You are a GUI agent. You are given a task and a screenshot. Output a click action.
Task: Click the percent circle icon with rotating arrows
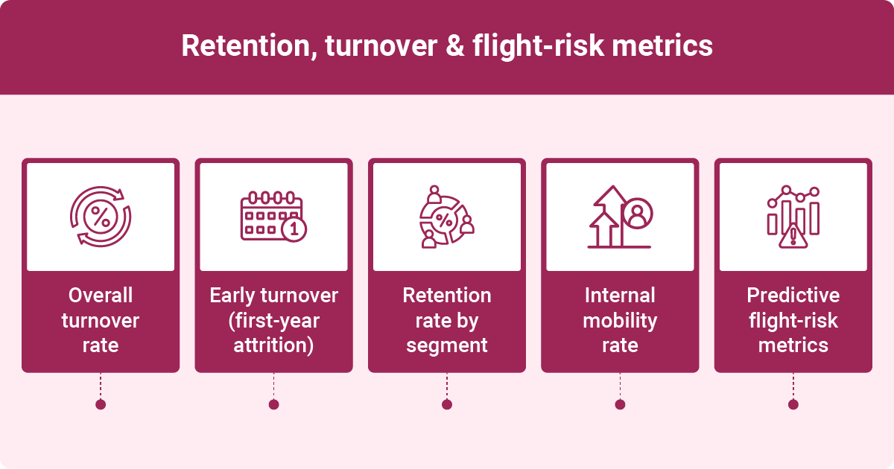coord(101,217)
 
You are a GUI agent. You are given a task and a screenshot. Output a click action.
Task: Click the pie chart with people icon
coord(446,217)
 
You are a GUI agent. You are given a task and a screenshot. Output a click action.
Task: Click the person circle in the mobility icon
coord(637,214)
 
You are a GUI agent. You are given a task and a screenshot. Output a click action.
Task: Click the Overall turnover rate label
coord(101,320)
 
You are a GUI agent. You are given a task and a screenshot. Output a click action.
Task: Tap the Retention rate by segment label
coord(446,320)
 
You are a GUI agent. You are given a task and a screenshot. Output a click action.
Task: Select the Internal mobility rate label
coord(620,320)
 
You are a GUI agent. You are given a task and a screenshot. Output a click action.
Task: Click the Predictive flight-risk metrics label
coord(793,320)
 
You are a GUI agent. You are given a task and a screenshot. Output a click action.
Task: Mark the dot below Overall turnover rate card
coord(101,404)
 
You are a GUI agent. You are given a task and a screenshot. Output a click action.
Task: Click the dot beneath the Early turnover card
coord(273,404)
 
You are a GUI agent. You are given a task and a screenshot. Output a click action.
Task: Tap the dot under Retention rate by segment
coord(446,404)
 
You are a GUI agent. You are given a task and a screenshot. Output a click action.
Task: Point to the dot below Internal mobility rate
coord(620,404)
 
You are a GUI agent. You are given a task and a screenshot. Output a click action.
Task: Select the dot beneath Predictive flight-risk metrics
coord(793,404)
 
